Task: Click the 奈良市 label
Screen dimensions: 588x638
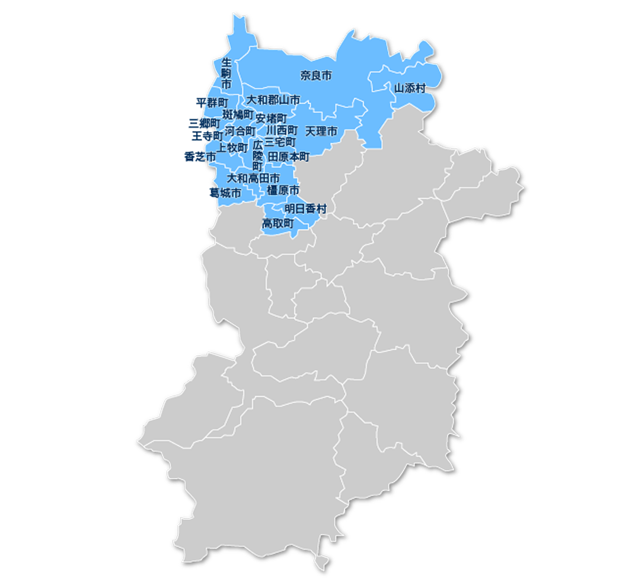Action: [x=315, y=76]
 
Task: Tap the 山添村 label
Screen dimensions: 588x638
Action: [x=410, y=88]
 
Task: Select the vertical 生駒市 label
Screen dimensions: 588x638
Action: [x=226, y=73]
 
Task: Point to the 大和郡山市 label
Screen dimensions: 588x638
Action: [x=273, y=100]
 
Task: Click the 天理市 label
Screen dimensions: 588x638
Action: [x=321, y=131]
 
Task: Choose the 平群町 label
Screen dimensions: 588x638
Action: [x=211, y=103]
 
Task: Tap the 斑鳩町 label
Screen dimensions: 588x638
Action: [x=238, y=114]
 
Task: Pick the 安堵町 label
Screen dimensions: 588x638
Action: [x=271, y=119]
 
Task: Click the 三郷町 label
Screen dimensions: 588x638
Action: [x=204, y=123]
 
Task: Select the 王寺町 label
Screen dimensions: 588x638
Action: [x=207, y=136]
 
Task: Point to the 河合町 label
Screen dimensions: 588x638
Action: [x=241, y=131]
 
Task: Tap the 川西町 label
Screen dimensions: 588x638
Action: [x=282, y=130]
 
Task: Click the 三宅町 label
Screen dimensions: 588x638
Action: [x=280, y=142]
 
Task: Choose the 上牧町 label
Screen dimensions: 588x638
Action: [x=232, y=148]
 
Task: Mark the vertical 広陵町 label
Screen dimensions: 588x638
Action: [x=257, y=156]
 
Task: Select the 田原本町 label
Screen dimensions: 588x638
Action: [x=289, y=156]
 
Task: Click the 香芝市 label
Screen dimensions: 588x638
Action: [x=199, y=157]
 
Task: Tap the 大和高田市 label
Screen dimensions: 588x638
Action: [x=254, y=178]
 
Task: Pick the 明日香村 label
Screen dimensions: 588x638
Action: [x=305, y=209]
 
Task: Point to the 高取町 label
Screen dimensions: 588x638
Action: [x=278, y=223]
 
